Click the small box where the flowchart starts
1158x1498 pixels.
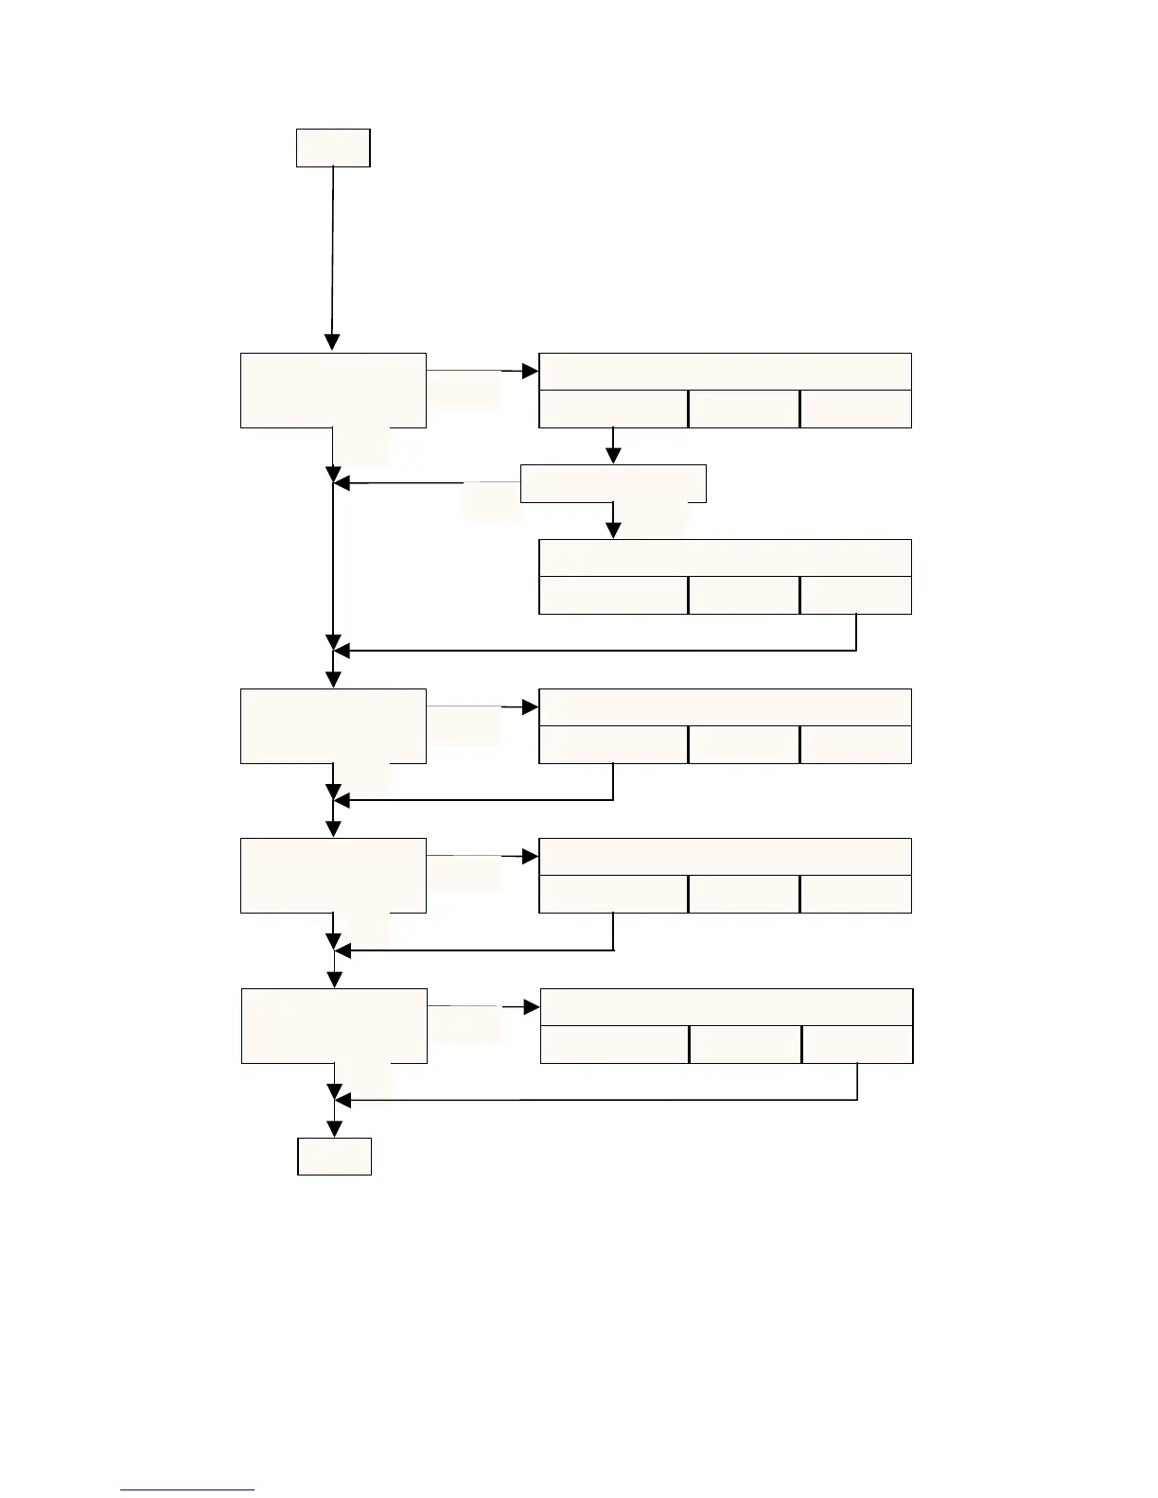(333, 148)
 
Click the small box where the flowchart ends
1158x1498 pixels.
(334, 1156)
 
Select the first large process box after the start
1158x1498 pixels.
(333, 391)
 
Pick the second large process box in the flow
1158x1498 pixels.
(333, 726)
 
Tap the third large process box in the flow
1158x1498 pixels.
(333, 875)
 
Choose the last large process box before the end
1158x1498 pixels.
(334, 1025)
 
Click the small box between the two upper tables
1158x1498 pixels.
(613, 483)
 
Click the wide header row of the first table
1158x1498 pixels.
(725, 372)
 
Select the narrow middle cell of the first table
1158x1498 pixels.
(744, 409)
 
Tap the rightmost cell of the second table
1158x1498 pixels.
(855, 595)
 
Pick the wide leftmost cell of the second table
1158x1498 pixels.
(613, 595)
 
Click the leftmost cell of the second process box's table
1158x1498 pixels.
(613, 744)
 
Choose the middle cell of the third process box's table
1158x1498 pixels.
(744, 894)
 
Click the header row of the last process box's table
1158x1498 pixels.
(727, 1007)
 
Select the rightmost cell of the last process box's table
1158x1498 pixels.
(857, 1044)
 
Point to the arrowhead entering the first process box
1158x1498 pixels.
(332, 343)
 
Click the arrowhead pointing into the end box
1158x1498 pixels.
(334, 1128)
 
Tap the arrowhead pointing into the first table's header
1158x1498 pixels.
(531, 372)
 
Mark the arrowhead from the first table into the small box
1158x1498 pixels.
(613, 456)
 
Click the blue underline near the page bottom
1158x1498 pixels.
(187, 1490)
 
